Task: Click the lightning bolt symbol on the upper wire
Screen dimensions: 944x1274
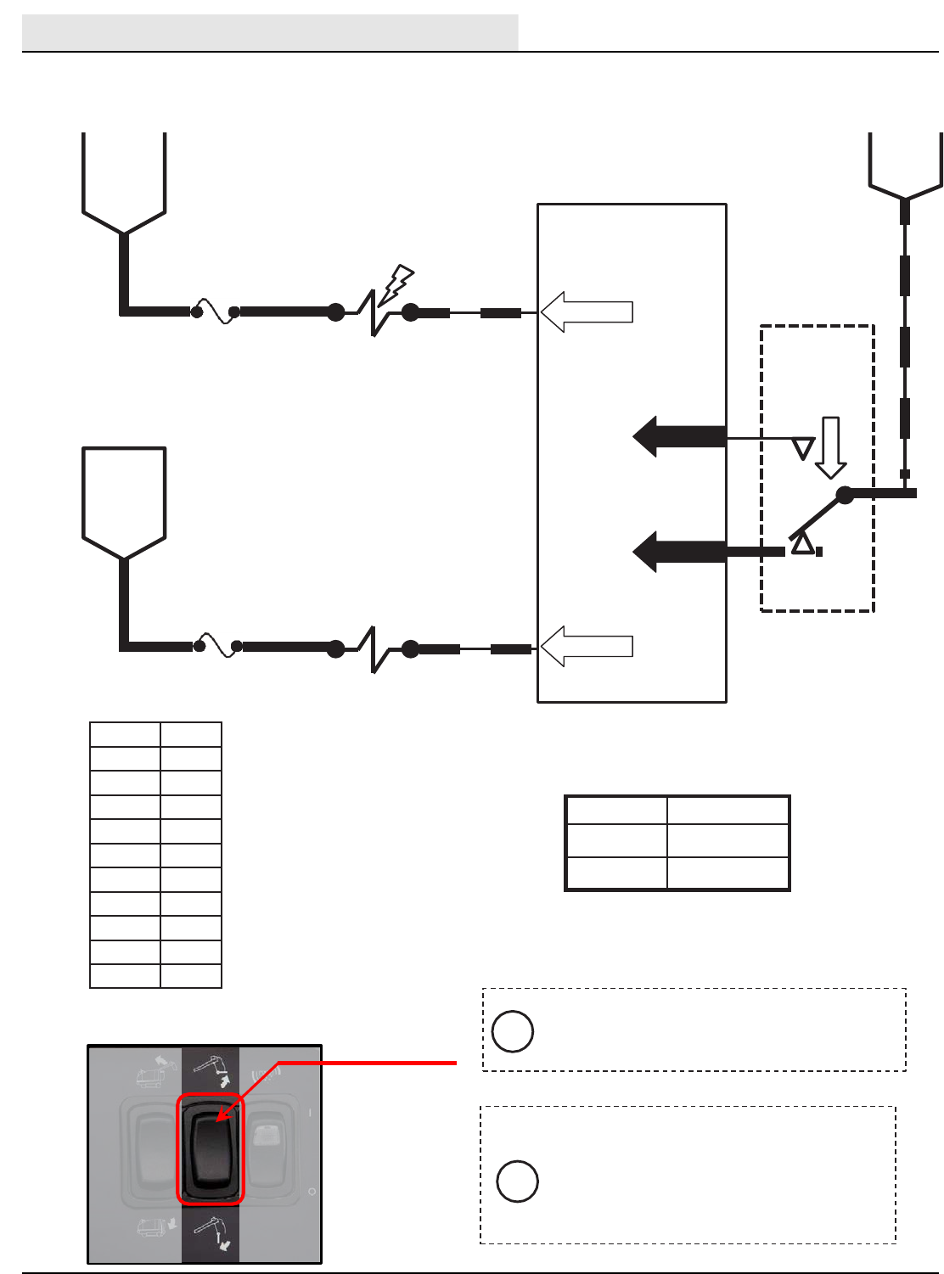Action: [x=396, y=284]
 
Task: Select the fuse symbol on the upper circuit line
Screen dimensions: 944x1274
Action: [x=216, y=311]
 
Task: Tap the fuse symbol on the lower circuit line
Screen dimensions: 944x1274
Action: [x=217, y=646]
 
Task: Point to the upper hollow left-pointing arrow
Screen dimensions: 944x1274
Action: [x=587, y=311]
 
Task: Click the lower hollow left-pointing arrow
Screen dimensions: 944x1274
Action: [x=587, y=646]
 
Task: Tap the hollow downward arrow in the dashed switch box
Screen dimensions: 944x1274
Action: [x=830, y=447]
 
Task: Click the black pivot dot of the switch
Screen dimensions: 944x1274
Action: [x=845, y=494]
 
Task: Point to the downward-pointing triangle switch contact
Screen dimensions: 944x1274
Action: [x=802, y=447]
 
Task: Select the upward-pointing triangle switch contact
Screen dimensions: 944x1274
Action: [x=802, y=544]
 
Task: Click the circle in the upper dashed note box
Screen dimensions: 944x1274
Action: [x=513, y=1031]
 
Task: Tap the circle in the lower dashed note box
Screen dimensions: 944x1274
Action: [x=517, y=1181]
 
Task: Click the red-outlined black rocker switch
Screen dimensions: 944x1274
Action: [x=210, y=1150]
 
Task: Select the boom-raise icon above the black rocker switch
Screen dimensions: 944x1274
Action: [x=210, y=1069]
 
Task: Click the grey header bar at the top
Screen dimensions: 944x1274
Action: [x=270, y=32]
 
